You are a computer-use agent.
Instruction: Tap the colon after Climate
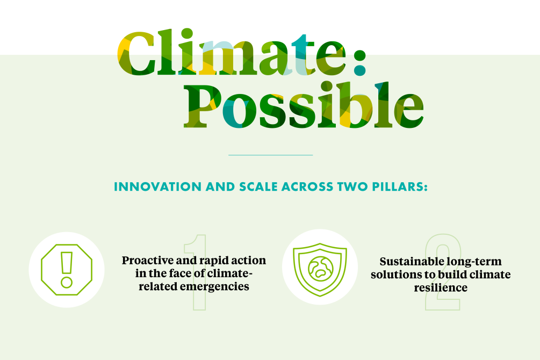(x=359, y=63)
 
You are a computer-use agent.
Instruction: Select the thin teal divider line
(x=270, y=155)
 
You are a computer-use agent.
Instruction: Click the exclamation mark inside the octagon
(x=67, y=269)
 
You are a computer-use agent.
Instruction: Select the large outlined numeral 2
(x=443, y=271)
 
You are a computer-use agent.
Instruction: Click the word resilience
(x=441, y=287)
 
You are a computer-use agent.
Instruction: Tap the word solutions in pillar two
(x=392, y=275)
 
